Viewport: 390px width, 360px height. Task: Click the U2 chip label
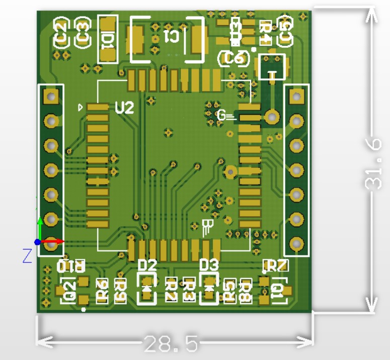(125, 108)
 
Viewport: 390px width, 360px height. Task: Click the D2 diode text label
(147, 264)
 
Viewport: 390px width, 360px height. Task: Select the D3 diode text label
(209, 264)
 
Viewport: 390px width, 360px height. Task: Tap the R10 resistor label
(71, 266)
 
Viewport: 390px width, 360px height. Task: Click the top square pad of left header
(51, 95)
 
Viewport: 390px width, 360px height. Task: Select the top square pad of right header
(297, 95)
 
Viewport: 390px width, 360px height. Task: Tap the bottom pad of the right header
(297, 244)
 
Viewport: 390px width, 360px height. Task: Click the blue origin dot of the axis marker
(38, 242)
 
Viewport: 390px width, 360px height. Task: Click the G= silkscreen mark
(225, 116)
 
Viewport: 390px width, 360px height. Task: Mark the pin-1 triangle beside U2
(80, 107)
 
